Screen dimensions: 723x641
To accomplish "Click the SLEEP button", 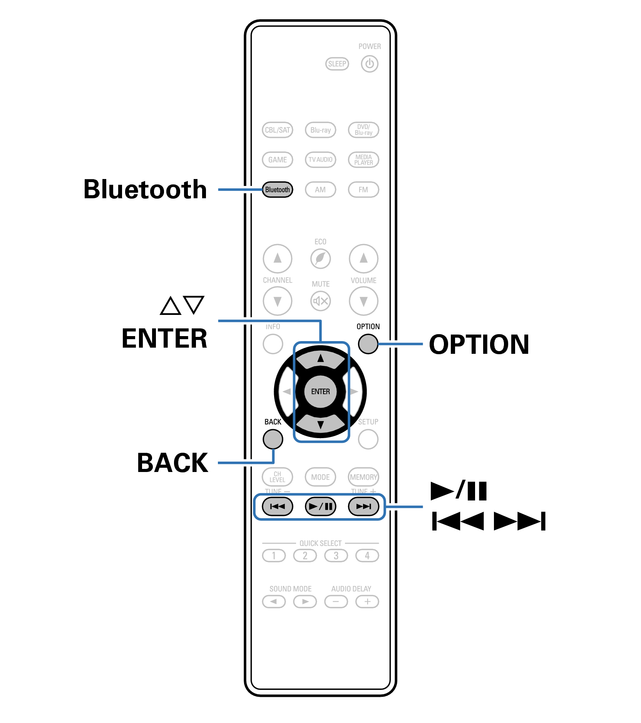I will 337,64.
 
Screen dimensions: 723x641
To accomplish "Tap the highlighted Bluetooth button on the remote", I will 277,190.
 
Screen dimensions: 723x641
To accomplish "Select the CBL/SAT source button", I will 277,130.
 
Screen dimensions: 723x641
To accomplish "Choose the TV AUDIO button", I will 320,160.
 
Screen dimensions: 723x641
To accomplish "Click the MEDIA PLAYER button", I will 363,160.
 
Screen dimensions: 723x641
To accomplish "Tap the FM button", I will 363,190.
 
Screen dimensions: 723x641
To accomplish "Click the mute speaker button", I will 320,301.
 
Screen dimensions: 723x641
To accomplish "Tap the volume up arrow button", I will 363,258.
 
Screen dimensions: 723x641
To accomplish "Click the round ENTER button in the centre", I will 320,392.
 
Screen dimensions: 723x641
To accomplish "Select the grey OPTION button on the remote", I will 368,343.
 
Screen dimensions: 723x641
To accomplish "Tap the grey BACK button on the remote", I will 273,439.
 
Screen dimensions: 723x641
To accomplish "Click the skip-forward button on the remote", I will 363,506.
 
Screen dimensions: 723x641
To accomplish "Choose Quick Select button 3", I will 336,556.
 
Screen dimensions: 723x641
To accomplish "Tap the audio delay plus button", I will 367,601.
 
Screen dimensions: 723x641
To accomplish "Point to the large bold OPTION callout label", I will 479,344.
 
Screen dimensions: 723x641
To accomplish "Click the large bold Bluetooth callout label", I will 145,189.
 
